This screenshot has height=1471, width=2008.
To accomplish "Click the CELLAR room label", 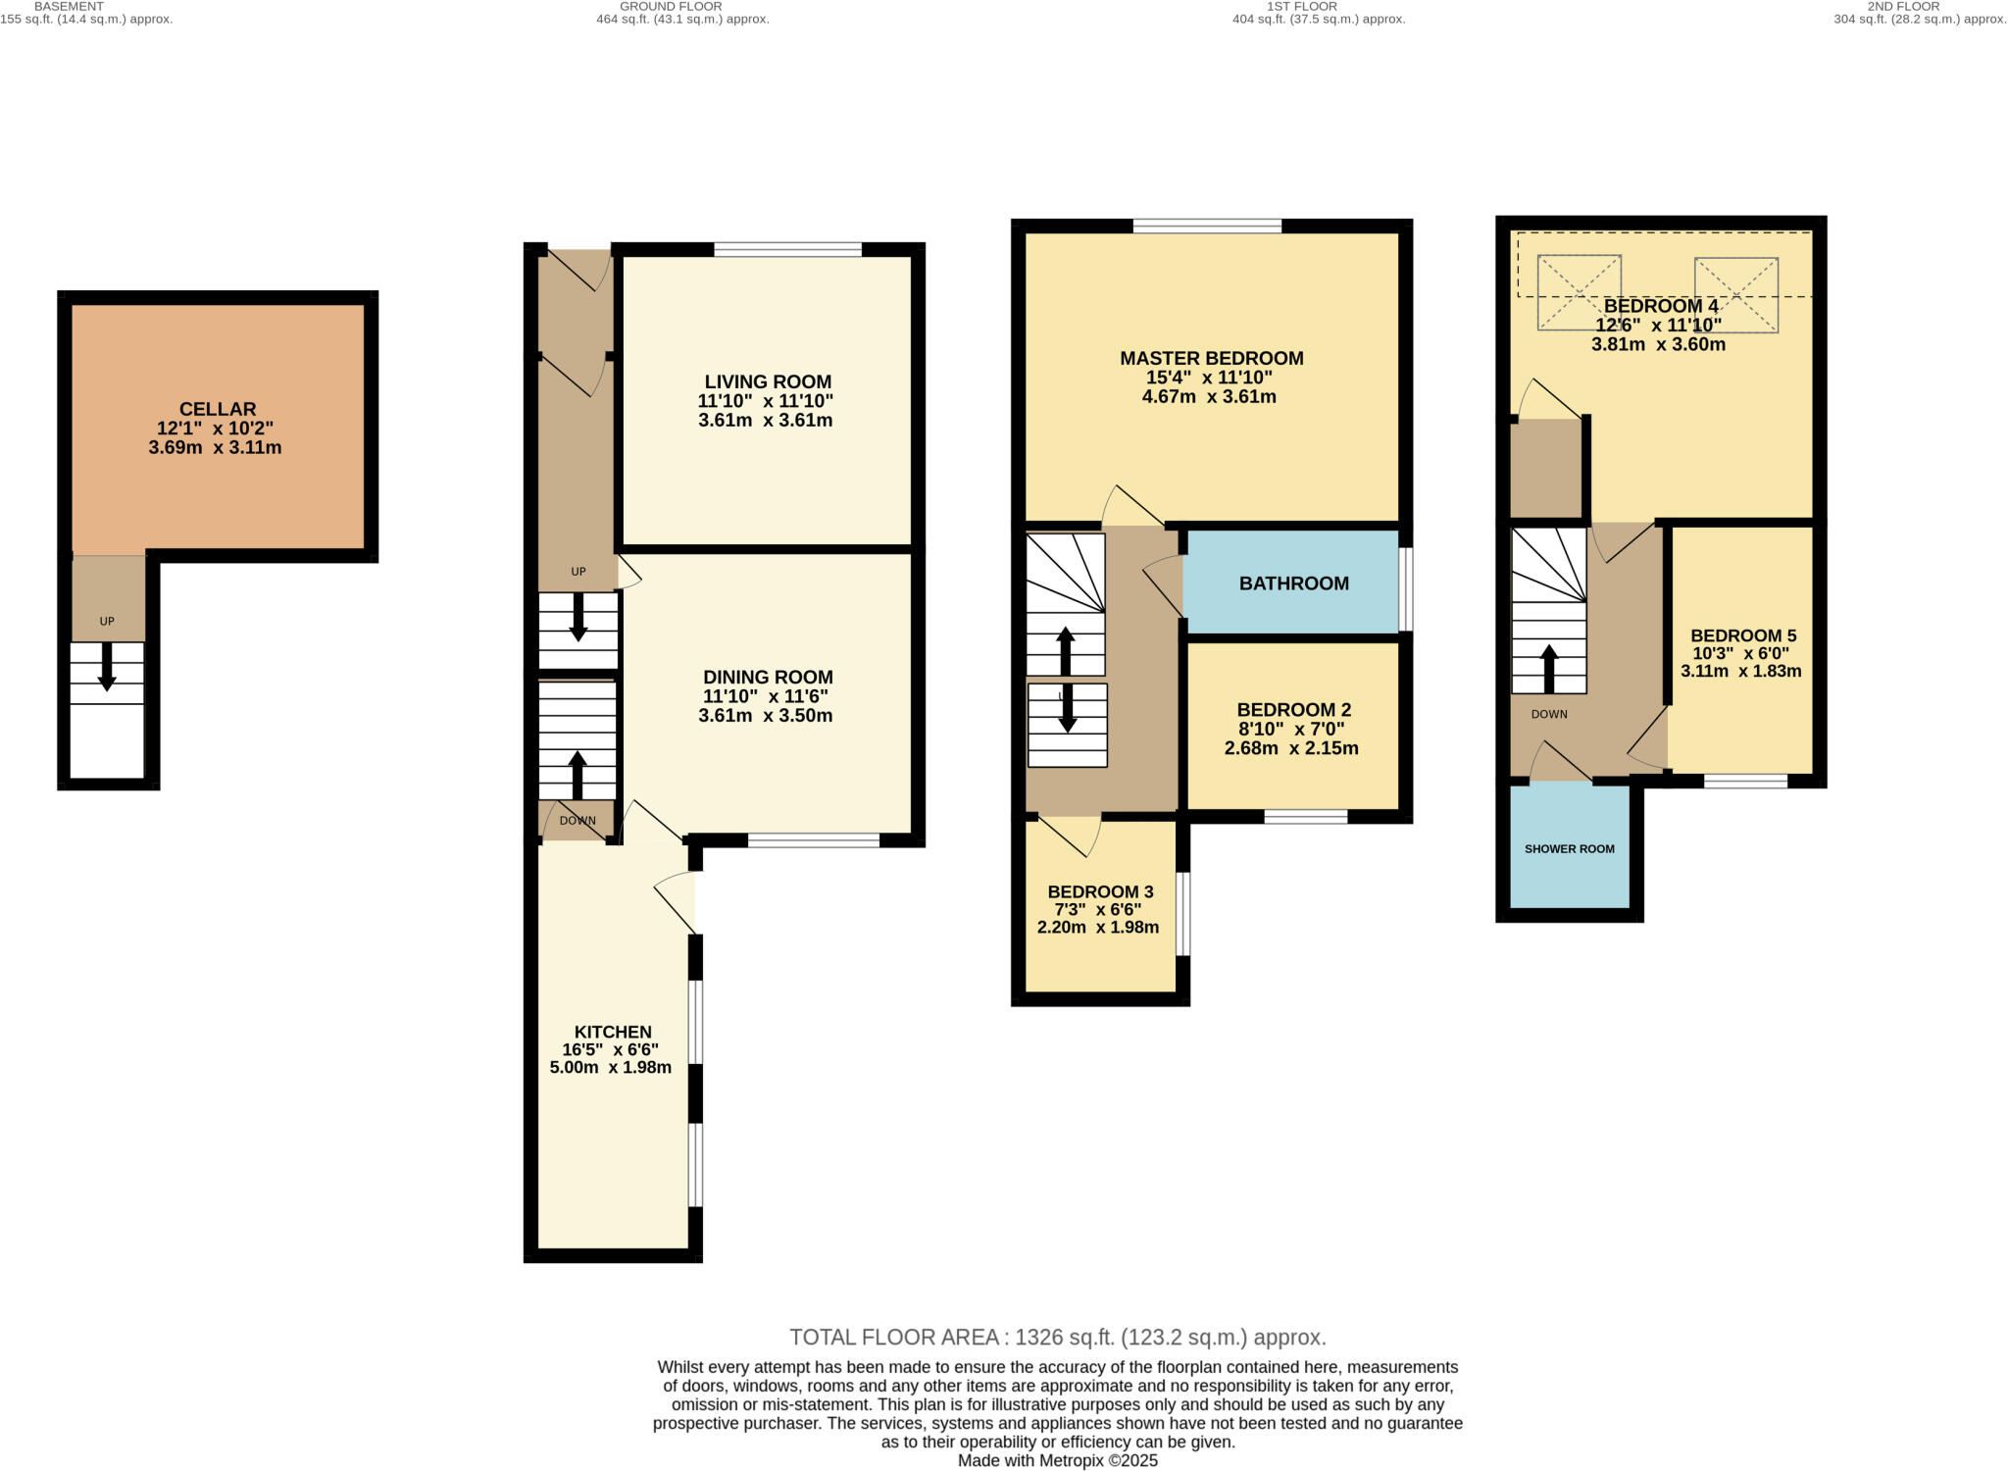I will click(217, 409).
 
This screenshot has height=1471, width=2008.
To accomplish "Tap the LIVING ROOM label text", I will click(767, 382).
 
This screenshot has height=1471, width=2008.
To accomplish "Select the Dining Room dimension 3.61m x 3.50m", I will click(765, 716).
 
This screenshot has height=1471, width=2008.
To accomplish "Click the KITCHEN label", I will click(613, 1032).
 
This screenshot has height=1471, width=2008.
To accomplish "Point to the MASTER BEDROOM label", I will click(1211, 358).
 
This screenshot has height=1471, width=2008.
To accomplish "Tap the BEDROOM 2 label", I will click(1293, 709).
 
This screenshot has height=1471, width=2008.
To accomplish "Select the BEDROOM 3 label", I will click(1099, 891).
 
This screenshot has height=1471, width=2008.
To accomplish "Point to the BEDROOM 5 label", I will click(1742, 635).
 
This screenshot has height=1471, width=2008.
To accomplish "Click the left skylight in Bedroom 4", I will click(1579, 292).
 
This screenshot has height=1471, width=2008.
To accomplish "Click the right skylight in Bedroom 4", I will click(1735, 294).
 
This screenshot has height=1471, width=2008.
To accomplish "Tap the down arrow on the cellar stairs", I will click(107, 667).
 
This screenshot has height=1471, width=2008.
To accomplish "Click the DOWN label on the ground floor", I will click(577, 821).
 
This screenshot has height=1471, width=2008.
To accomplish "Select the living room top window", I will click(787, 249).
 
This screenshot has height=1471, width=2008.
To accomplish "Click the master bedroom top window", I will click(1207, 227).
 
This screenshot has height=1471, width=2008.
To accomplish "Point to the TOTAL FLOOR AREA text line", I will click(1057, 1337).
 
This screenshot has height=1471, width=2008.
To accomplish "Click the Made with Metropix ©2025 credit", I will click(1057, 1460).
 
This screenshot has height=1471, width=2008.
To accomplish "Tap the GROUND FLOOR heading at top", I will click(671, 6).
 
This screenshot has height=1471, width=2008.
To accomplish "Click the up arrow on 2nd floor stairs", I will click(1549, 669).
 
